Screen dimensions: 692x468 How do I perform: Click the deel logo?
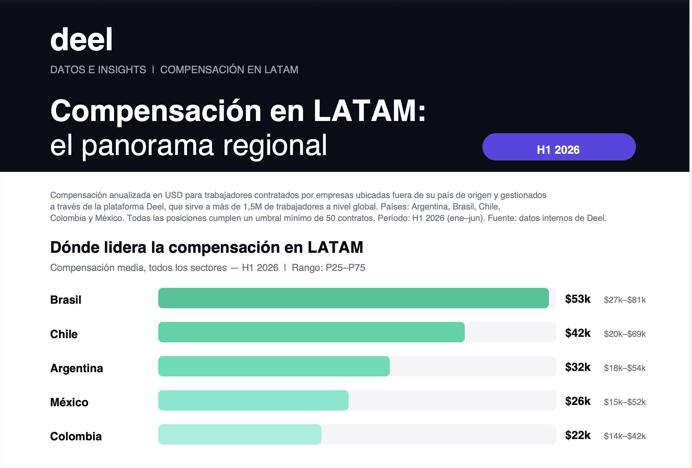click(x=81, y=39)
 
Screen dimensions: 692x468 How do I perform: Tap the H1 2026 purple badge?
click(x=559, y=147)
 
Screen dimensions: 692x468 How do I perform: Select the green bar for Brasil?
click(x=353, y=298)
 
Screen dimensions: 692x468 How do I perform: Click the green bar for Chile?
click(x=311, y=332)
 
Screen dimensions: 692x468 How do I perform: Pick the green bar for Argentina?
click(x=274, y=366)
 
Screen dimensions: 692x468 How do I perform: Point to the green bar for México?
click(x=253, y=400)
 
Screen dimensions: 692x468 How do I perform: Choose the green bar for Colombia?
click(x=240, y=434)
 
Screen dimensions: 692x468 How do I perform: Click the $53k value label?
click(x=578, y=299)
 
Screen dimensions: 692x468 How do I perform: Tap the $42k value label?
click(x=578, y=333)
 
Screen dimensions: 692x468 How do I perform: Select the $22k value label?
click(x=578, y=435)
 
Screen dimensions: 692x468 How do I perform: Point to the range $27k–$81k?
click(x=625, y=300)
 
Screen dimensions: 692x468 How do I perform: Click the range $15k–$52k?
click(x=625, y=402)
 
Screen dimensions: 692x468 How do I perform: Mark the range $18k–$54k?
click(x=625, y=368)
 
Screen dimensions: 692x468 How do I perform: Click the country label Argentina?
click(x=76, y=368)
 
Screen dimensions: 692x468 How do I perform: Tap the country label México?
click(x=69, y=402)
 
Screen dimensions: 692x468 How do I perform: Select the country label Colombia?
click(x=76, y=436)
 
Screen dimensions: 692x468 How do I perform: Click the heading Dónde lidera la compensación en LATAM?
click(x=207, y=247)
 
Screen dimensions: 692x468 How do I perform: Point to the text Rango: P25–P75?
click(x=328, y=268)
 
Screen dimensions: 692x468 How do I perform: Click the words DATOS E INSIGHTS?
click(x=98, y=70)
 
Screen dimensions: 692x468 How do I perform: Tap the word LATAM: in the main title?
click(x=370, y=111)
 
